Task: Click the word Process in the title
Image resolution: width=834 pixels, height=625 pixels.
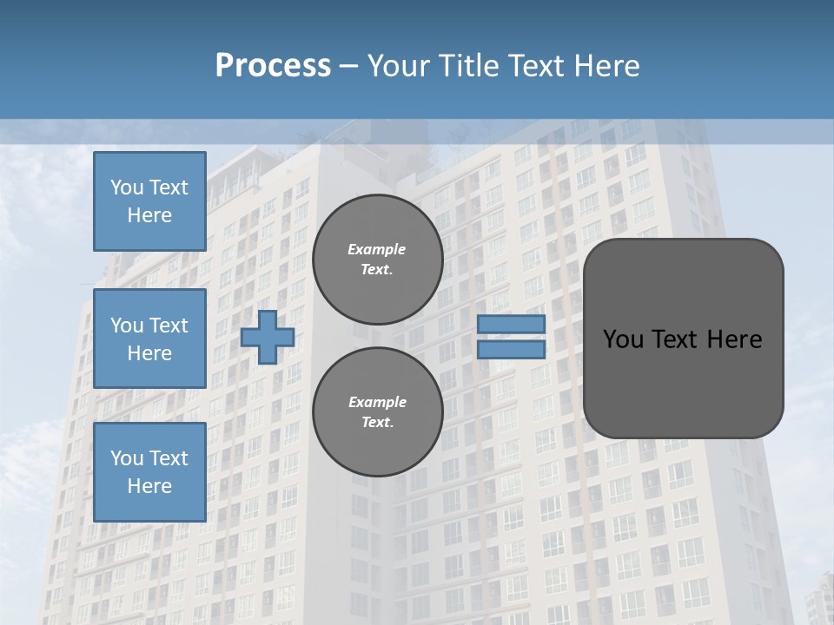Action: (x=273, y=66)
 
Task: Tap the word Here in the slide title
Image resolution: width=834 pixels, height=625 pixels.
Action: (x=606, y=66)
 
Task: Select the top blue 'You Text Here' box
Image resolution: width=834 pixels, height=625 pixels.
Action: (x=149, y=201)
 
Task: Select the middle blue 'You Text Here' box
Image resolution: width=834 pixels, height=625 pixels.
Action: (x=149, y=339)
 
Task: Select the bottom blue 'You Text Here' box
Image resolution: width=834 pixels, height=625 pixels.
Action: (x=149, y=472)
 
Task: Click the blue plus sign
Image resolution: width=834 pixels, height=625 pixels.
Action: (x=268, y=337)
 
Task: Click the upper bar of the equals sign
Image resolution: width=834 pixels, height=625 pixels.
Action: (x=512, y=324)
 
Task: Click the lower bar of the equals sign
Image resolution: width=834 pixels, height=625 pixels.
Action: (x=512, y=349)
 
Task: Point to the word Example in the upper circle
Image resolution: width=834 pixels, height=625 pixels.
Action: (x=377, y=249)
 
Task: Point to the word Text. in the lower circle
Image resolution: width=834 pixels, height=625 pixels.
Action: (x=377, y=422)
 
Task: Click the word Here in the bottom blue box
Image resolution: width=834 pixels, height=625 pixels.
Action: (x=149, y=486)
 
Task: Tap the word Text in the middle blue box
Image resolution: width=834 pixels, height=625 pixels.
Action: (x=169, y=326)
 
